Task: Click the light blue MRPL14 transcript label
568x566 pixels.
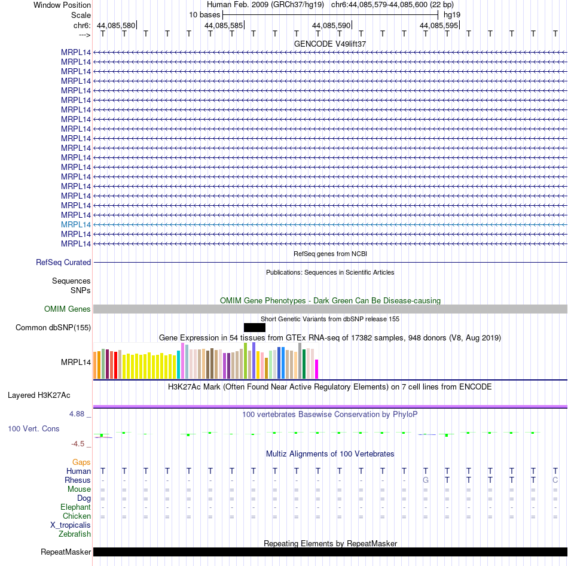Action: [76, 225]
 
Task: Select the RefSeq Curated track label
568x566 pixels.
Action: [63, 263]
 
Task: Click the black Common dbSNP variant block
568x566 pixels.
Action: [255, 327]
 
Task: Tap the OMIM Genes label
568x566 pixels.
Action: [68, 309]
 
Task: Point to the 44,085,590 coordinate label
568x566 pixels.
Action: [331, 25]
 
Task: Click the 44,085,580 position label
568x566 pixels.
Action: [116, 25]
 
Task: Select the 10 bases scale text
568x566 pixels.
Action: [204, 15]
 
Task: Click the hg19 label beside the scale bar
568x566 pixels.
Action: [452, 15]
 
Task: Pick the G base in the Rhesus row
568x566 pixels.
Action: [426, 480]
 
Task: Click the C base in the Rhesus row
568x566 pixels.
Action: [555, 480]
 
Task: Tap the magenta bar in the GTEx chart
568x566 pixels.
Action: [317, 369]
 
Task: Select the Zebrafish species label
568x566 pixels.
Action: [75, 534]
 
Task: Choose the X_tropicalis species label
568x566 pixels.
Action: [71, 525]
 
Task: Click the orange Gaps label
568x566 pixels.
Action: [81, 462]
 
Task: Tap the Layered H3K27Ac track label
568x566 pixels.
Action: [39, 395]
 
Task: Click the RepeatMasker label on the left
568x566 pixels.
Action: [66, 552]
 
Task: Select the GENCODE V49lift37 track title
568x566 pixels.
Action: [330, 44]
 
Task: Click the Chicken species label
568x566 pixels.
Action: [77, 516]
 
